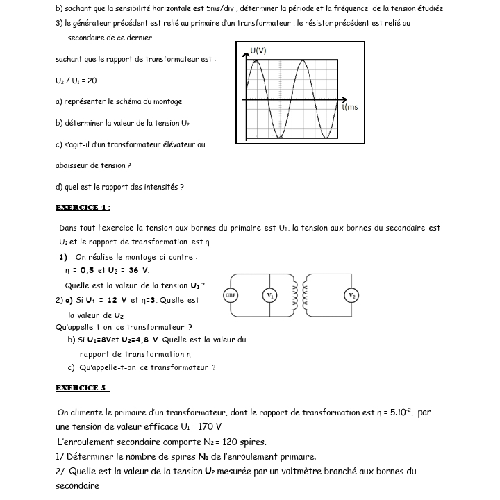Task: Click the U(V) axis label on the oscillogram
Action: click(258, 51)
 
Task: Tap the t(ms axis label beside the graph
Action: click(350, 107)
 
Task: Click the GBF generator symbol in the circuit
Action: click(231, 295)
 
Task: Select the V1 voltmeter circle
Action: click(269, 295)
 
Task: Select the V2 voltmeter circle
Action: click(351, 295)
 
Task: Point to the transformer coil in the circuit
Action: click(297, 295)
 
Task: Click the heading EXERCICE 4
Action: click(83, 207)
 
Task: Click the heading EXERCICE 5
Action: click(83, 387)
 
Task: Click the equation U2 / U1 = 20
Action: click(76, 81)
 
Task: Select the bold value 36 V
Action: click(139, 270)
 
